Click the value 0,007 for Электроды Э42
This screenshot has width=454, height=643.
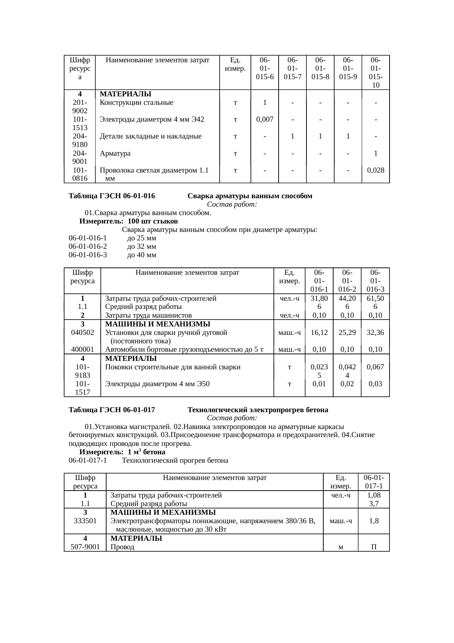[264, 119]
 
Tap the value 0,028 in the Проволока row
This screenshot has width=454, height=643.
[375, 170]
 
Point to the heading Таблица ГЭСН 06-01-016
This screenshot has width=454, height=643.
[112, 196]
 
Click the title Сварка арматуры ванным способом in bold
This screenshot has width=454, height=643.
[250, 196]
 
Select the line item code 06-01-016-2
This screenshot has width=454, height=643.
[88, 246]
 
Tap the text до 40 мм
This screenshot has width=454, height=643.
[142, 255]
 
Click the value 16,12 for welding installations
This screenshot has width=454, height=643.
[319, 333]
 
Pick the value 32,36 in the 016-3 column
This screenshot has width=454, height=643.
[375, 333]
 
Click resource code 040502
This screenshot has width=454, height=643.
[82, 333]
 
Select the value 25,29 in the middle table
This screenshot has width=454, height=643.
[347, 333]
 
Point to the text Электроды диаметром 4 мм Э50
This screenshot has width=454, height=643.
[157, 384]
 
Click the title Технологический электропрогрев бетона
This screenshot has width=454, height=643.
[258, 410]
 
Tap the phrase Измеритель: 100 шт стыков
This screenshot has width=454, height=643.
[129, 222]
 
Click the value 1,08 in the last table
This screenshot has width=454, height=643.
[374, 495]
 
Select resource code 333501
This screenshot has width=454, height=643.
[85, 521]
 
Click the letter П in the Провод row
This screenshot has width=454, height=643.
[374, 547]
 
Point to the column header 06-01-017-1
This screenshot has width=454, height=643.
[374, 482]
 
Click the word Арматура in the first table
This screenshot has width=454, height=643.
[115, 154]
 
